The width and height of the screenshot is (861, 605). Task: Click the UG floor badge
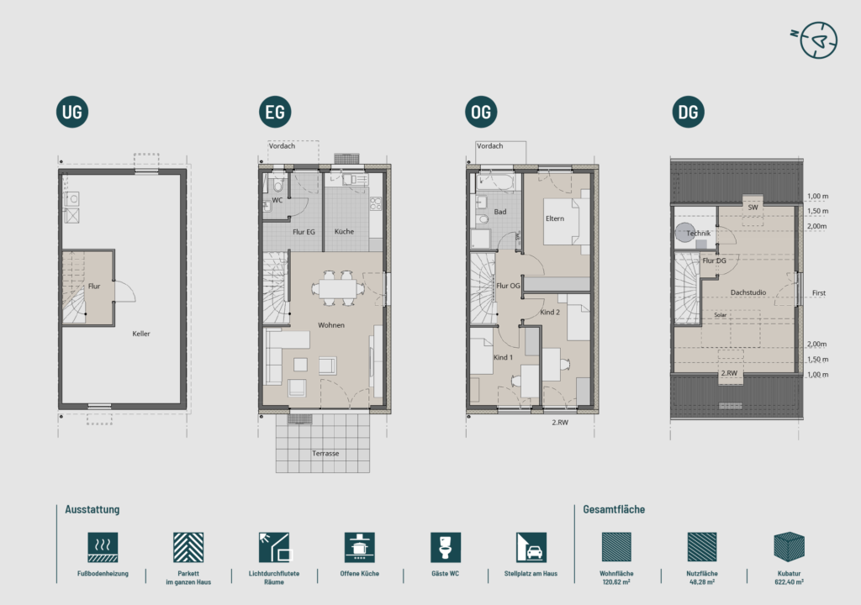coord(72,112)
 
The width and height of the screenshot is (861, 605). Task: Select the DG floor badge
coord(688,112)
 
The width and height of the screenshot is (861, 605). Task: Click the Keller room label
coord(141,334)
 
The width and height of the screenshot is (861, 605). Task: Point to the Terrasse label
coord(325,454)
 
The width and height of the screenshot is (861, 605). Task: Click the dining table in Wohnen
coord(338,288)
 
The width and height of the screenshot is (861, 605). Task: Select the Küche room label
coord(344,232)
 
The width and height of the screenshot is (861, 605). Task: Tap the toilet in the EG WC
coord(277,184)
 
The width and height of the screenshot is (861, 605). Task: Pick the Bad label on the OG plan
coord(500,212)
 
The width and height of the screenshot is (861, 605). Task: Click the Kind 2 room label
coord(550,313)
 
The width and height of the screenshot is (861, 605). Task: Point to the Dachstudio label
coord(747,292)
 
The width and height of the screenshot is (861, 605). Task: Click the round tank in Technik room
coord(685,233)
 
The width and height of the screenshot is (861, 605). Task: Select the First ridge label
coord(819,293)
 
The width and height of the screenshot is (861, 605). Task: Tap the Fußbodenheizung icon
coord(103,547)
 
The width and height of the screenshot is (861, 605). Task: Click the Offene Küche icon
coord(360,547)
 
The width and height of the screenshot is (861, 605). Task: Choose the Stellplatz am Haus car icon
coord(531,547)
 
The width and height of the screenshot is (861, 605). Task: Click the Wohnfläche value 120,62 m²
coord(616,582)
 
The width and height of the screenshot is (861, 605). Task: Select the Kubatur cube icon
coord(789,547)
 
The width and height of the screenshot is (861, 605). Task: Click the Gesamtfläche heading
coord(614,509)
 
